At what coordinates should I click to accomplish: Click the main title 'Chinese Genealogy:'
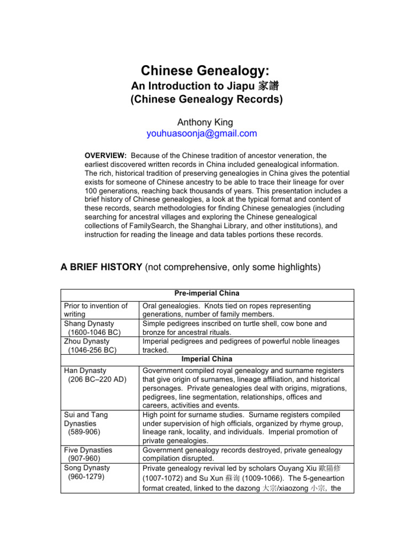pos(204,71)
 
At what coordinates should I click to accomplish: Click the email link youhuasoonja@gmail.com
pos(202,134)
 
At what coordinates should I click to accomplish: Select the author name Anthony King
pos(205,122)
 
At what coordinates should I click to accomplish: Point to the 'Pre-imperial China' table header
pos(207,294)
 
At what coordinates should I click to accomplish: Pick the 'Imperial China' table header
pos(207,359)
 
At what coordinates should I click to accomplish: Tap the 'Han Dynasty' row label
pos(85,370)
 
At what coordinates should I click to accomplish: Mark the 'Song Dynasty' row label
pos(87,467)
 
